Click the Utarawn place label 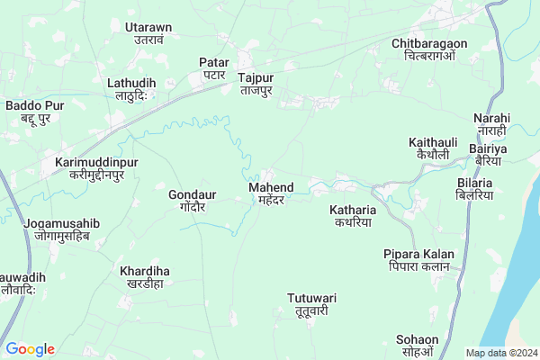[135, 33]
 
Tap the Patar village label [213, 68]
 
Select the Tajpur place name [256, 84]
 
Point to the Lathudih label [131, 89]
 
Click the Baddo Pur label [32, 112]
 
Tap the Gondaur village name [191, 199]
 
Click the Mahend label [265, 193]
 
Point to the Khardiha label [145, 276]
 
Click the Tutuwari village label [311, 303]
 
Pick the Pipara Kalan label [418, 260]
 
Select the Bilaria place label [475, 187]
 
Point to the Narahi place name [491, 124]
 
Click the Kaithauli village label [433, 148]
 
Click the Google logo [31, 349]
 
